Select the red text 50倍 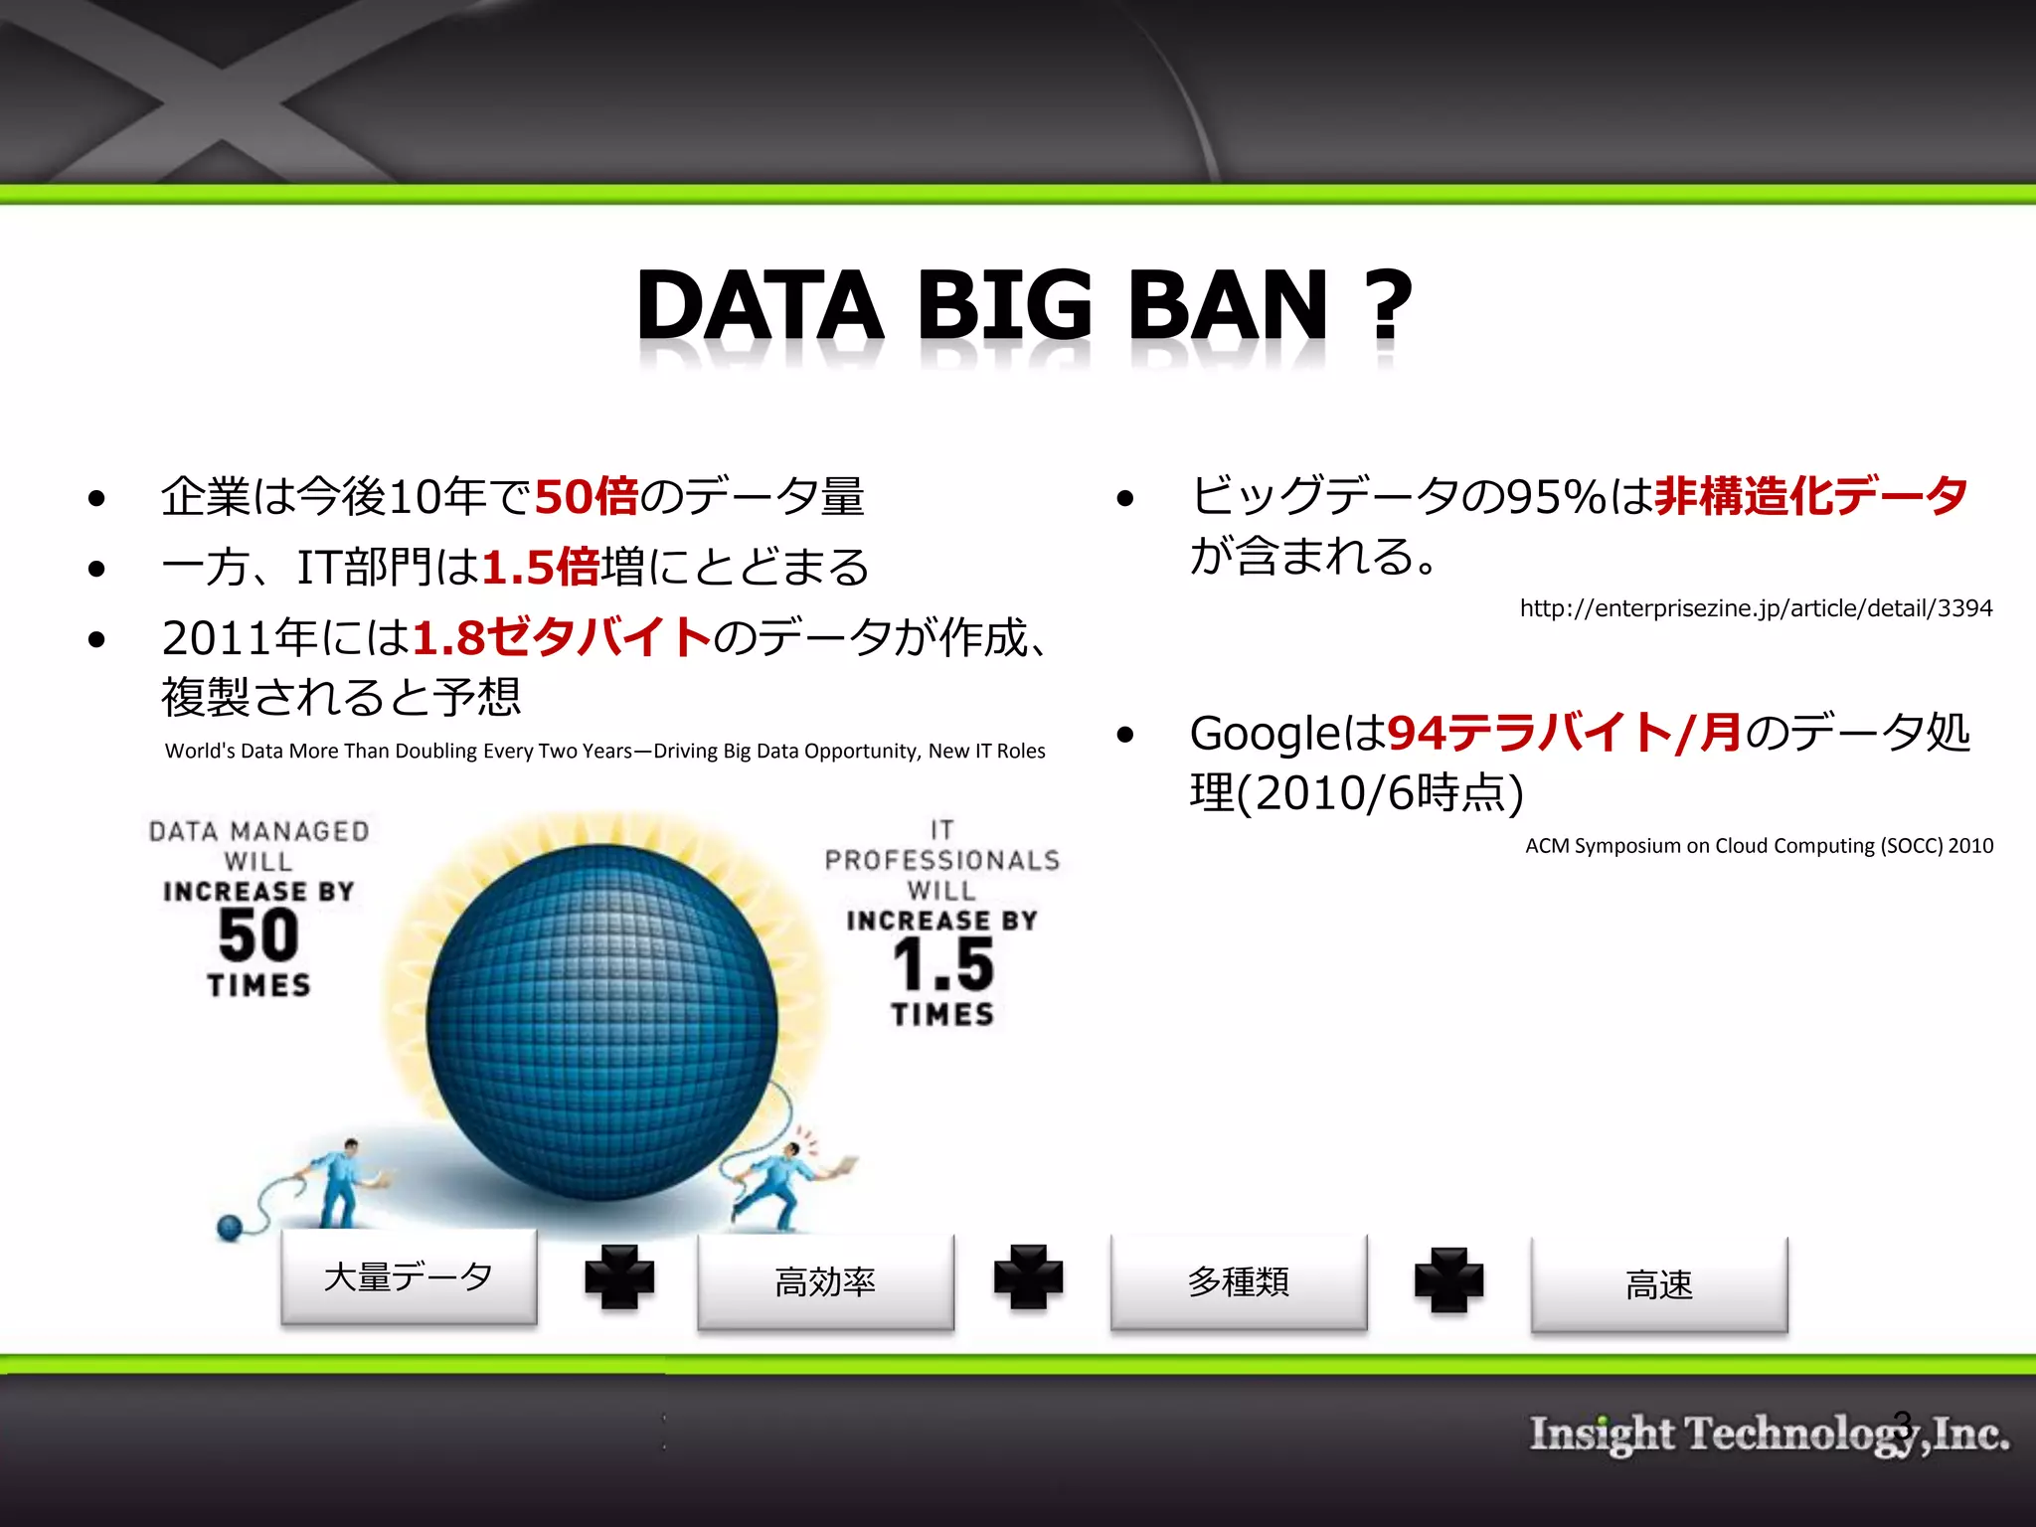(x=587, y=496)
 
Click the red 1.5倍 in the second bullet (x=541, y=568)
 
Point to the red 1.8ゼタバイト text (x=562, y=637)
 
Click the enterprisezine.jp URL (x=1756, y=608)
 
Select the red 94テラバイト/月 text (x=1564, y=734)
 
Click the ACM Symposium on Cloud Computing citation (x=1759, y=846)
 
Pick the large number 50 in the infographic (x=258, y=935)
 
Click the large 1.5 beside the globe (x=942, y=964)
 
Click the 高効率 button (x=825, y=1282)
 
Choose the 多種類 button (x=1239, y=1282)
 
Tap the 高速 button (x=1658, y=1284)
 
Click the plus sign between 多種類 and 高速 (x=1448, y=1279)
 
